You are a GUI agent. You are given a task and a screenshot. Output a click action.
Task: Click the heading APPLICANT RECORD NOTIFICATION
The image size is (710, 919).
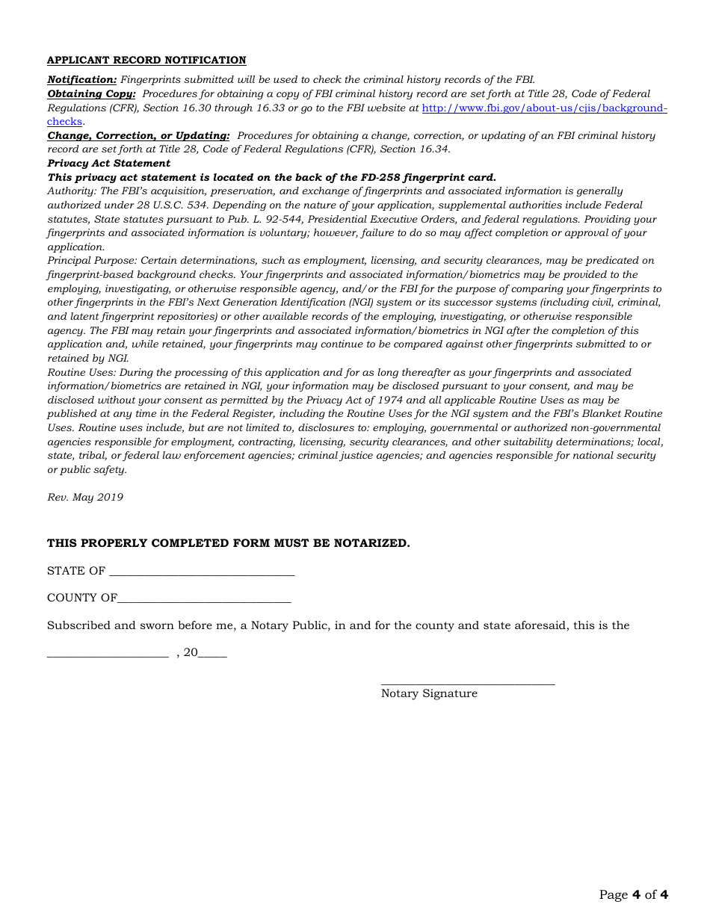[x=146, y=61]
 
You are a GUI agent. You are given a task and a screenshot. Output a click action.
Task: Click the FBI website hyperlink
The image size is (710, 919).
[x=544, y=108]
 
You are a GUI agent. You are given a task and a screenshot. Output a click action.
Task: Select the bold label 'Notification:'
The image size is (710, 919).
[x=82, y=79]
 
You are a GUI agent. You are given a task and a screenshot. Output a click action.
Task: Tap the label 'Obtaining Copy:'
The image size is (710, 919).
[x=91, y=94]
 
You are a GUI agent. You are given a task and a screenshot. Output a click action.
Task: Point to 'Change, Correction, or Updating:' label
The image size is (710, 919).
[x=138, y=136]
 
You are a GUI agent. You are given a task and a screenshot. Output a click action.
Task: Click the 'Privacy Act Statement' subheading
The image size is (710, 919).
[x=109, y=163]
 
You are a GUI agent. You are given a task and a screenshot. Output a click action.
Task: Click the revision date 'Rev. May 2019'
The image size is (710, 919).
[x=85, y=498]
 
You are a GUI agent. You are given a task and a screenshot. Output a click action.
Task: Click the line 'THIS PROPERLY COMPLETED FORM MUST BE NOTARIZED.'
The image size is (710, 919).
[x=229, y=543]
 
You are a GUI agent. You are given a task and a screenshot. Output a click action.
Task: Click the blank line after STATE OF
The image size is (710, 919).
[x=202, y=574]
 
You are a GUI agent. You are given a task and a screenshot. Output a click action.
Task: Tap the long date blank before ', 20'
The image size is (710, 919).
[x=108, y=655]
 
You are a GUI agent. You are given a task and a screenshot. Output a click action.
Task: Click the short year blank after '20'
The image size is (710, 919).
[x=213, y=655]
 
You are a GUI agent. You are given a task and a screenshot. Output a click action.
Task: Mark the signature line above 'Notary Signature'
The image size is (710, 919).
[x=468, y=683]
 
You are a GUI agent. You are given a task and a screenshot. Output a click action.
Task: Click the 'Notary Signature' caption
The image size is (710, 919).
[x=429, y=693]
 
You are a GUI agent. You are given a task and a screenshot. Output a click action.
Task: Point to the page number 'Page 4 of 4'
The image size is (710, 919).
[x=633, y=894]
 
